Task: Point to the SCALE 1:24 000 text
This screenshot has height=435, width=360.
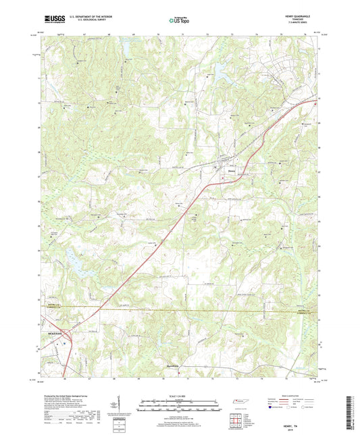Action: pos(179,396)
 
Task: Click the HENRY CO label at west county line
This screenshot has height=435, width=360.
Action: pos(52,305)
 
